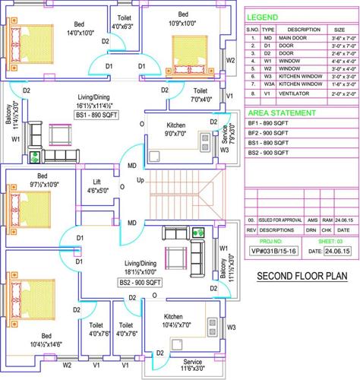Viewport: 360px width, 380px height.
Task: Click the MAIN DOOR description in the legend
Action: [297, 37]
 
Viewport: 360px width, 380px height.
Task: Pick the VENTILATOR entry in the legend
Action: [295, 94]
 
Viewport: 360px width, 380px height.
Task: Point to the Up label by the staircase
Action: [140, 181]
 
